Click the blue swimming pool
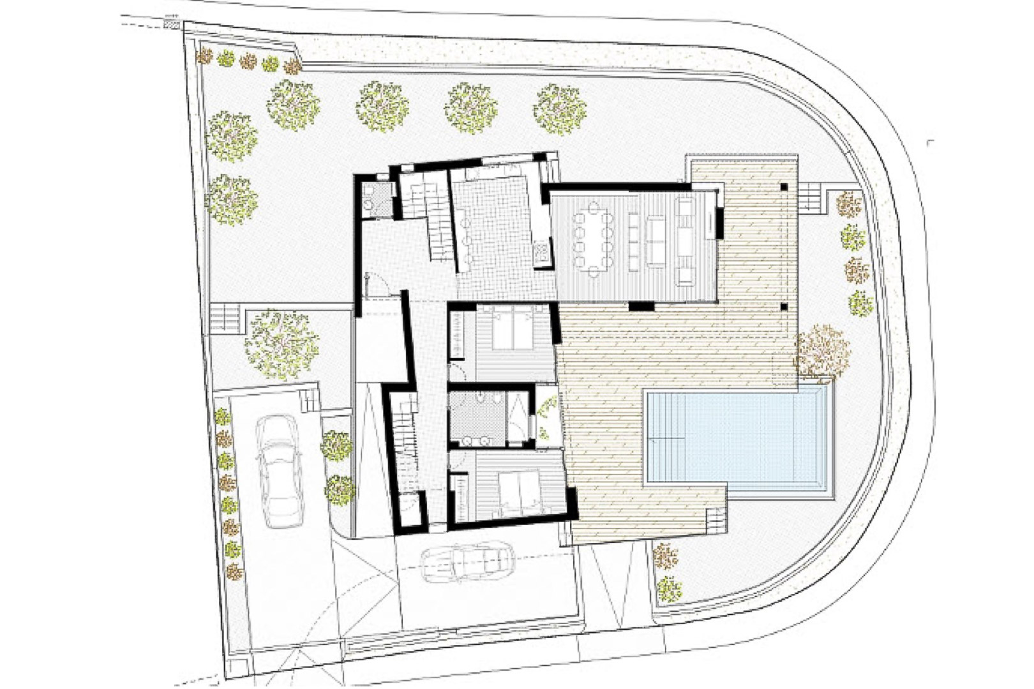(x=739, y=438)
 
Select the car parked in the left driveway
(x=280, y=471)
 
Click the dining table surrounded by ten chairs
(x=594, y=237)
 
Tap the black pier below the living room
(x=641, y=307)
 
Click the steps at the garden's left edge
(x=225, y=316)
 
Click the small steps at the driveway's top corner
(x=309, y=399)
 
